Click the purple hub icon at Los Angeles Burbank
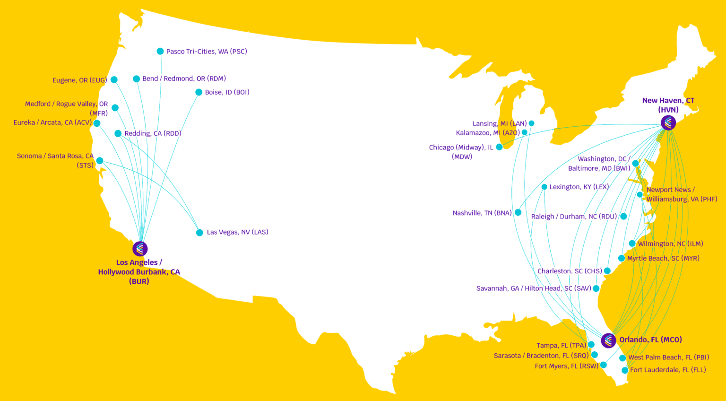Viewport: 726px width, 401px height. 140,248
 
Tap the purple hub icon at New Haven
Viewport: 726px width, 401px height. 668,123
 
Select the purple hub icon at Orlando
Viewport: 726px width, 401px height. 608,340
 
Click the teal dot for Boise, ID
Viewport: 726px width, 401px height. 199,92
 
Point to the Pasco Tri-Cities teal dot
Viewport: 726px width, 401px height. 160,51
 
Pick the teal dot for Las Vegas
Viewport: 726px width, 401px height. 199,233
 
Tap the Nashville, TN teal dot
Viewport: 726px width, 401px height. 518,212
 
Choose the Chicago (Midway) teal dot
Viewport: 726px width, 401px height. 499,147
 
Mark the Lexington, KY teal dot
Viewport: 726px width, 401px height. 544,187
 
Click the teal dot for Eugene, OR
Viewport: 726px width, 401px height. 114,80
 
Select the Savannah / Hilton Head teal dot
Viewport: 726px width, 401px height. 596,288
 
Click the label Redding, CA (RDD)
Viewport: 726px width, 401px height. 153,133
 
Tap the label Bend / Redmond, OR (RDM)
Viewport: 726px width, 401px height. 184,78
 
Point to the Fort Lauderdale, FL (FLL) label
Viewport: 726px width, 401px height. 668,370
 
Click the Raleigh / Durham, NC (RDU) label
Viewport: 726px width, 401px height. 574,217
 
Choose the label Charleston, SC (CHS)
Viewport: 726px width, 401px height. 570,271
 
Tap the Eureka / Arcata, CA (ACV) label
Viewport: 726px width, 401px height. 52,122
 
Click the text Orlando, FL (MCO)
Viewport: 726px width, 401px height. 650,340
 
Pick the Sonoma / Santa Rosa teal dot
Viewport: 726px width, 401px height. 100,161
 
